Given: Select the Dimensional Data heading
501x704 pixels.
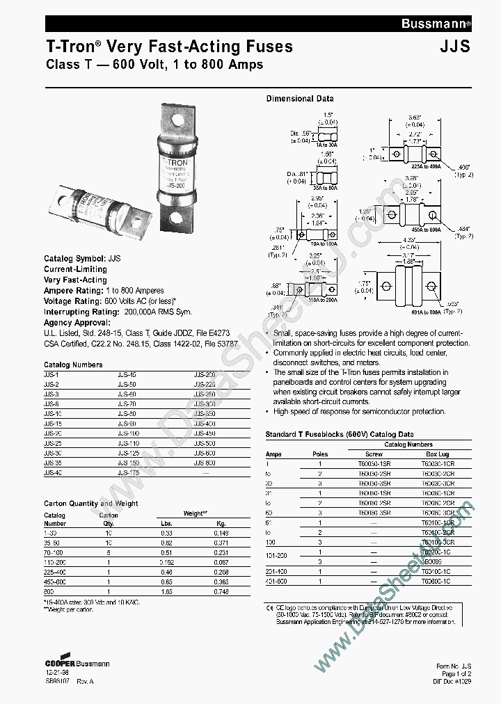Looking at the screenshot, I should tap(300, 99).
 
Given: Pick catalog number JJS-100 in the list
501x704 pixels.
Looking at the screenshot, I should tap(129, 433).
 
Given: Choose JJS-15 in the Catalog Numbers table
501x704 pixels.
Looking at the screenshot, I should tap(54, 423).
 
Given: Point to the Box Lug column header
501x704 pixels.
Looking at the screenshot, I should tap(438, 453).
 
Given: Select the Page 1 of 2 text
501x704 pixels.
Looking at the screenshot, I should tap(456, 674).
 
